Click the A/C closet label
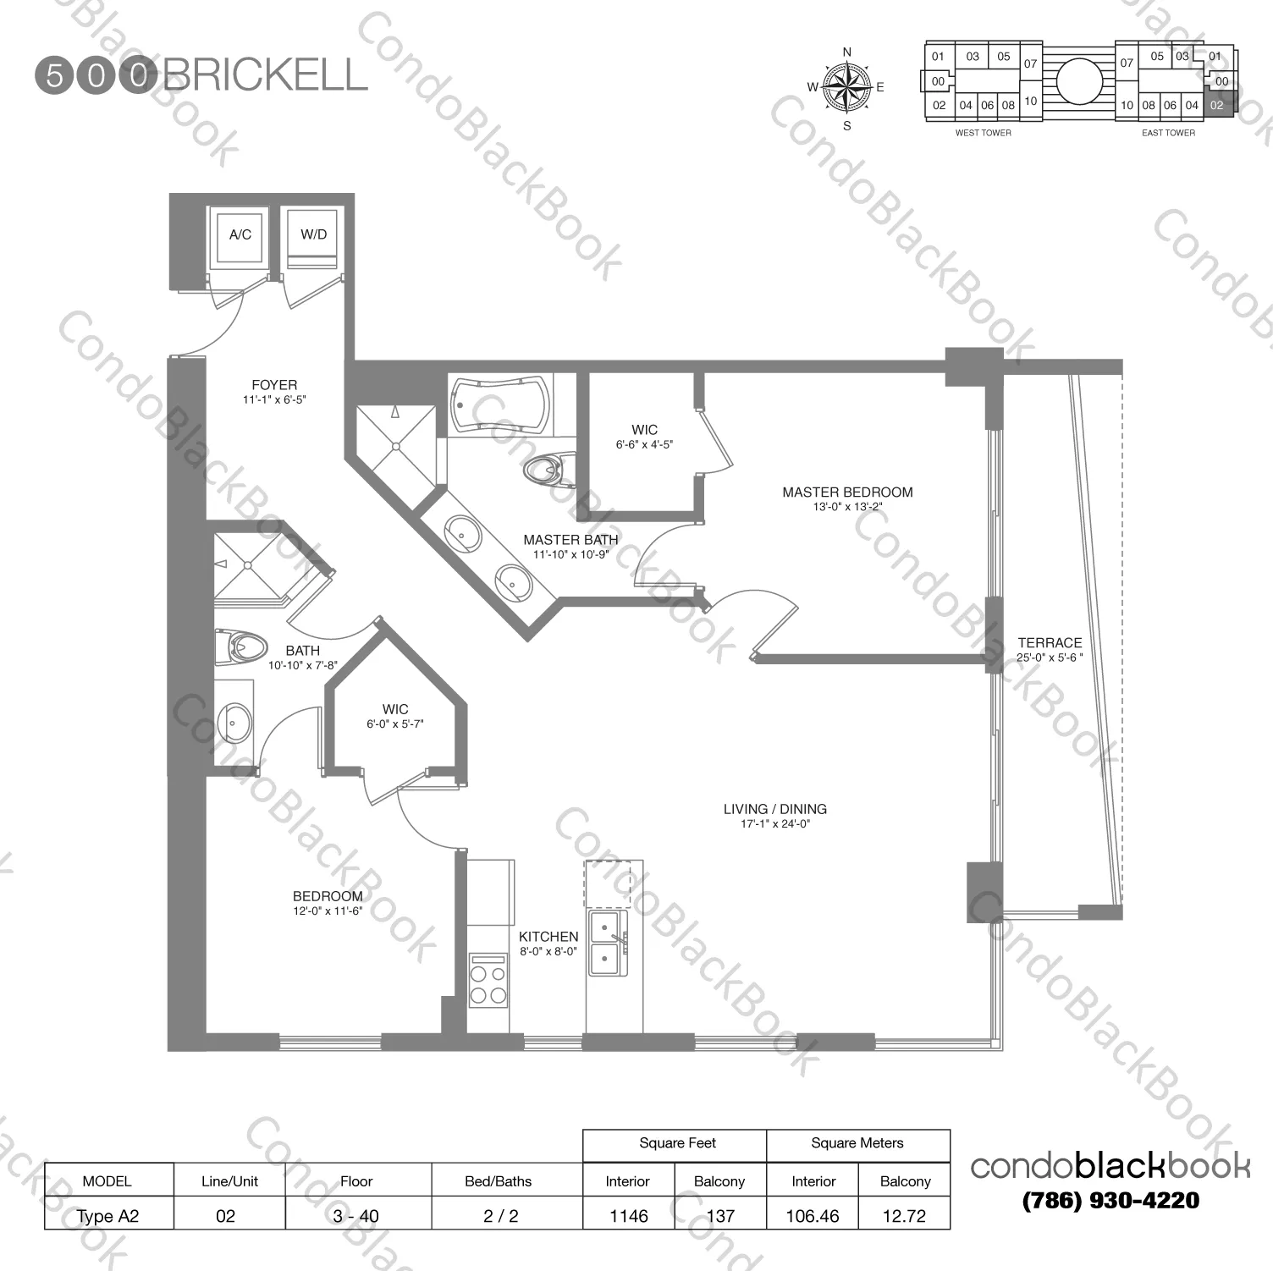click(240, 234)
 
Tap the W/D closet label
click(313, 234)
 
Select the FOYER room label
click(274, 385)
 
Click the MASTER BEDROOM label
click(847, 492)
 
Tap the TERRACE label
click(1050, 643)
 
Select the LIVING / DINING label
click(775, 809)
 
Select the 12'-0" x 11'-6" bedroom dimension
click(328, 911)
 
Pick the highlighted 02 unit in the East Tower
click(1218, 105)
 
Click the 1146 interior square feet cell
click(629, 1216)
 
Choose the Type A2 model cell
click(108, 1216)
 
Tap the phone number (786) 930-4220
click(1110, 1200)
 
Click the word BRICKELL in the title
click(265, 75)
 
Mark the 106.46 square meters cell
click(813, 1216)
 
